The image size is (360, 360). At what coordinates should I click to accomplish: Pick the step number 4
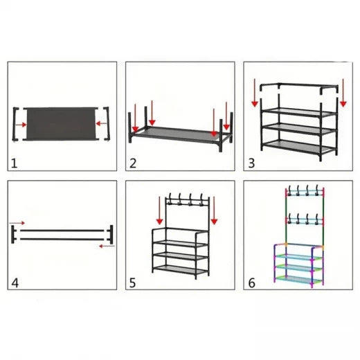(15, 282)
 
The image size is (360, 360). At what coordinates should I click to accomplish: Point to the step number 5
(132, 282)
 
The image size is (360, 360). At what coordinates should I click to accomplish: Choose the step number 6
(251, 282)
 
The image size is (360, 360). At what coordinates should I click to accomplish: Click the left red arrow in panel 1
(24, 125)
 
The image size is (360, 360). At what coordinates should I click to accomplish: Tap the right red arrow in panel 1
(101, 125)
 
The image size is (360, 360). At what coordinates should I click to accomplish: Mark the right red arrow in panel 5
(214, 210)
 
